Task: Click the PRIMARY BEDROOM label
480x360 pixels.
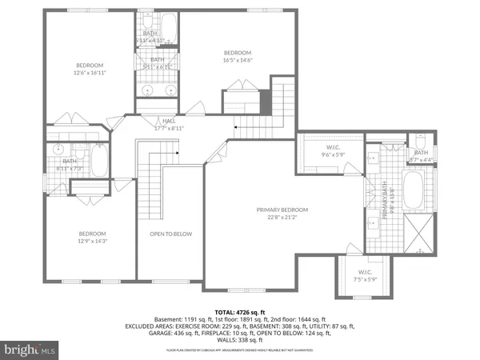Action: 282,210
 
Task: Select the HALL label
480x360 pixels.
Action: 169,120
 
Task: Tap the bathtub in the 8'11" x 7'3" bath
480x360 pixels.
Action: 98,162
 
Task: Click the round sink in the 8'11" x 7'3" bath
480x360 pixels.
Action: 59,150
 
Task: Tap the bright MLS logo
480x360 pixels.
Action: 30,350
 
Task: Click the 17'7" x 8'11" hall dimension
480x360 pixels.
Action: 169,127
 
